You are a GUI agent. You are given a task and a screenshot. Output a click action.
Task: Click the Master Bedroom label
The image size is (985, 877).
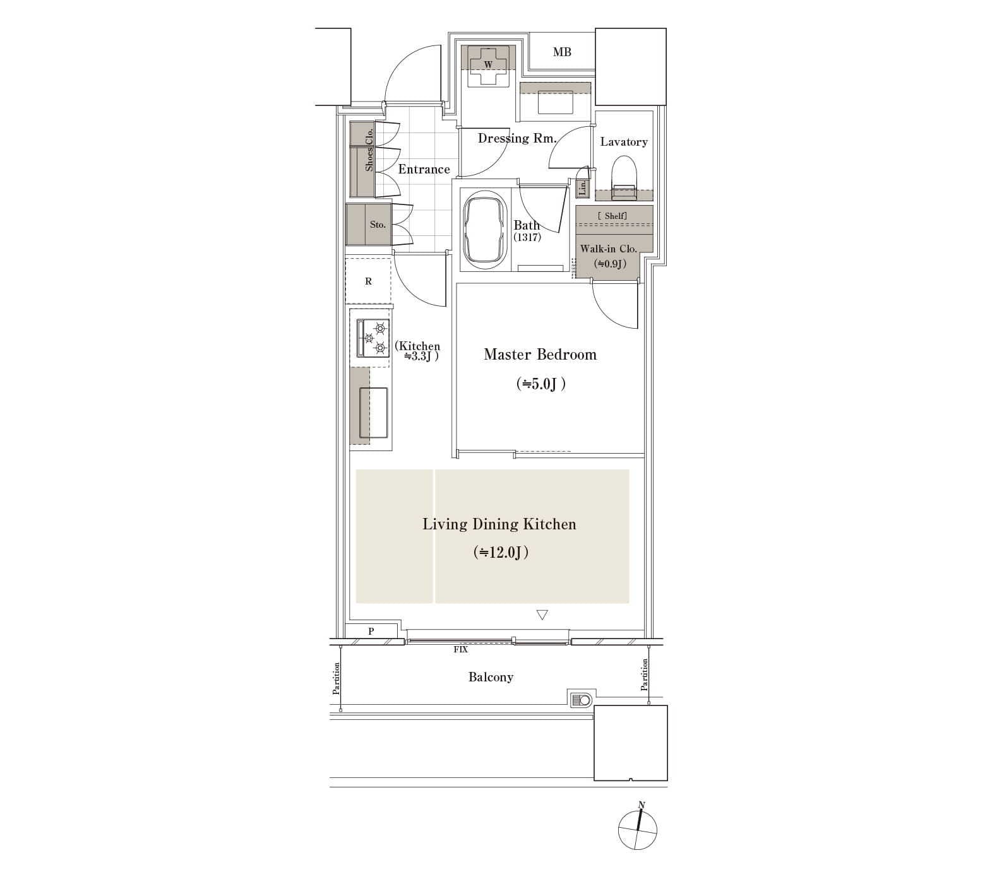(540, 355)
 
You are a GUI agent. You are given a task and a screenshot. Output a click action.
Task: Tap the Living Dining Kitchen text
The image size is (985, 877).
(499, 524)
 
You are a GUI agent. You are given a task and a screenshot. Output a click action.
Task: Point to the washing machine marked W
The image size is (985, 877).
(489, 65)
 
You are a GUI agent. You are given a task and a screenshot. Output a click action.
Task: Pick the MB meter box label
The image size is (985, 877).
(562, 52)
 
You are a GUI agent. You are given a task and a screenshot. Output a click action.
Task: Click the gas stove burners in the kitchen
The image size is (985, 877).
(373, 338)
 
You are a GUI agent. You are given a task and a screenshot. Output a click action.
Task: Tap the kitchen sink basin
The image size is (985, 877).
(373, 413)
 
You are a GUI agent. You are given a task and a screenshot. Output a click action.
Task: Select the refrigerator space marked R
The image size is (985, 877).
(368, 281)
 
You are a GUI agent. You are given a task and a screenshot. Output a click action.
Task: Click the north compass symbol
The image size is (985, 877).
(638, 829)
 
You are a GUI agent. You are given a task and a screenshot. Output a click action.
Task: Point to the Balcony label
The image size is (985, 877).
(491, 678)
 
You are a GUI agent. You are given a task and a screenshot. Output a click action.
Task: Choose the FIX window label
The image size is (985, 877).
(461, 649)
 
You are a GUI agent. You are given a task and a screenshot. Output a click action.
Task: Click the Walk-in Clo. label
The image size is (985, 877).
(609, 249)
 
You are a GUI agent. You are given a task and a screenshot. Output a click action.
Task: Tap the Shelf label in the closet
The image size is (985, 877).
(612, 216)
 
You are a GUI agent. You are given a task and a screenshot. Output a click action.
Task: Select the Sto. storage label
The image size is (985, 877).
(378, 225)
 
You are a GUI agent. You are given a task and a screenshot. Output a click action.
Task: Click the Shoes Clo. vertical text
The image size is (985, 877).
(369, 149)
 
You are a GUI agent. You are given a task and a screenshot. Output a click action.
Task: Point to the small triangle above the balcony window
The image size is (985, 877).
(542, 615)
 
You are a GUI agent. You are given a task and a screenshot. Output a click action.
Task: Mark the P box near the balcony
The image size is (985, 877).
(371, 631)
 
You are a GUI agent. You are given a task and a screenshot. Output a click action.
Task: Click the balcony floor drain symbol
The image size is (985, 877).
(582, 700)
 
